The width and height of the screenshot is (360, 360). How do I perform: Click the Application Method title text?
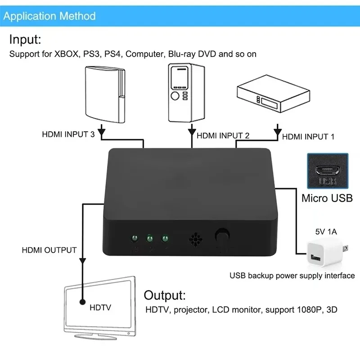(x=49, y=17)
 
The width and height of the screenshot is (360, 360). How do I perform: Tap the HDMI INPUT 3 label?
(x=68, y=134)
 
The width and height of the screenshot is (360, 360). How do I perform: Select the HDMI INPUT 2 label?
(x=223, y=135)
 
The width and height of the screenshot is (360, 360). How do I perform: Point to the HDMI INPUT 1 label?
(x=308, y=136)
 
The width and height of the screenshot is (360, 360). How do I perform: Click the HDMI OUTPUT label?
(x=49, y=250)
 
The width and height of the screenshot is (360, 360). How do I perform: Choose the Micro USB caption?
(x=327, y=198)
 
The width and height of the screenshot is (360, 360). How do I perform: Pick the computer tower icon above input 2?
(x=185, y=93)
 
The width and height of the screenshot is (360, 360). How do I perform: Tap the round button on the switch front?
(x=221, y=236)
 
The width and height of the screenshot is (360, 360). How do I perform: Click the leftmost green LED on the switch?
(x=134, y=238)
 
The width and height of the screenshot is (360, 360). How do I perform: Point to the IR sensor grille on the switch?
(x=194, y=238)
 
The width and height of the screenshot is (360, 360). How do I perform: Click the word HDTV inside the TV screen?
(x=100, y=307)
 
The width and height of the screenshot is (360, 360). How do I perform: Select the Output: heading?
(x=164, y=296)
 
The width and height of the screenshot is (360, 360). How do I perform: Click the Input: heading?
(x=25, y=40)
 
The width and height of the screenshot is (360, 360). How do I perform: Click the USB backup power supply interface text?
(x=292, y=275)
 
